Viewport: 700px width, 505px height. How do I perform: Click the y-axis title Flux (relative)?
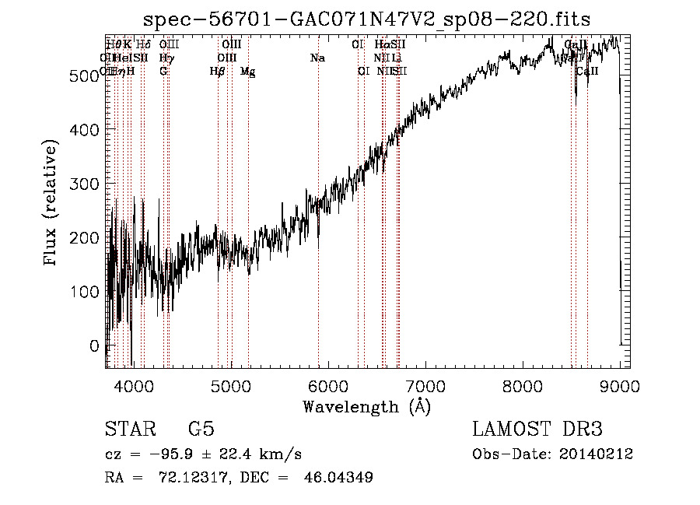pos(52,204)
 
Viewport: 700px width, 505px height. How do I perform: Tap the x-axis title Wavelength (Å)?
pos(366,406)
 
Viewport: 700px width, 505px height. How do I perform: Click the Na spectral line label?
pos(317,58)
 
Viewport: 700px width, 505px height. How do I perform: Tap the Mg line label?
pos(247,72)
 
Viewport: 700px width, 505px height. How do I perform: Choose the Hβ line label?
pos(217,72)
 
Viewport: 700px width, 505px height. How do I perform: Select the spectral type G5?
pos(201,430)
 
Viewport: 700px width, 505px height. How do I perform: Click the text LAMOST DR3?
pos(537,430)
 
